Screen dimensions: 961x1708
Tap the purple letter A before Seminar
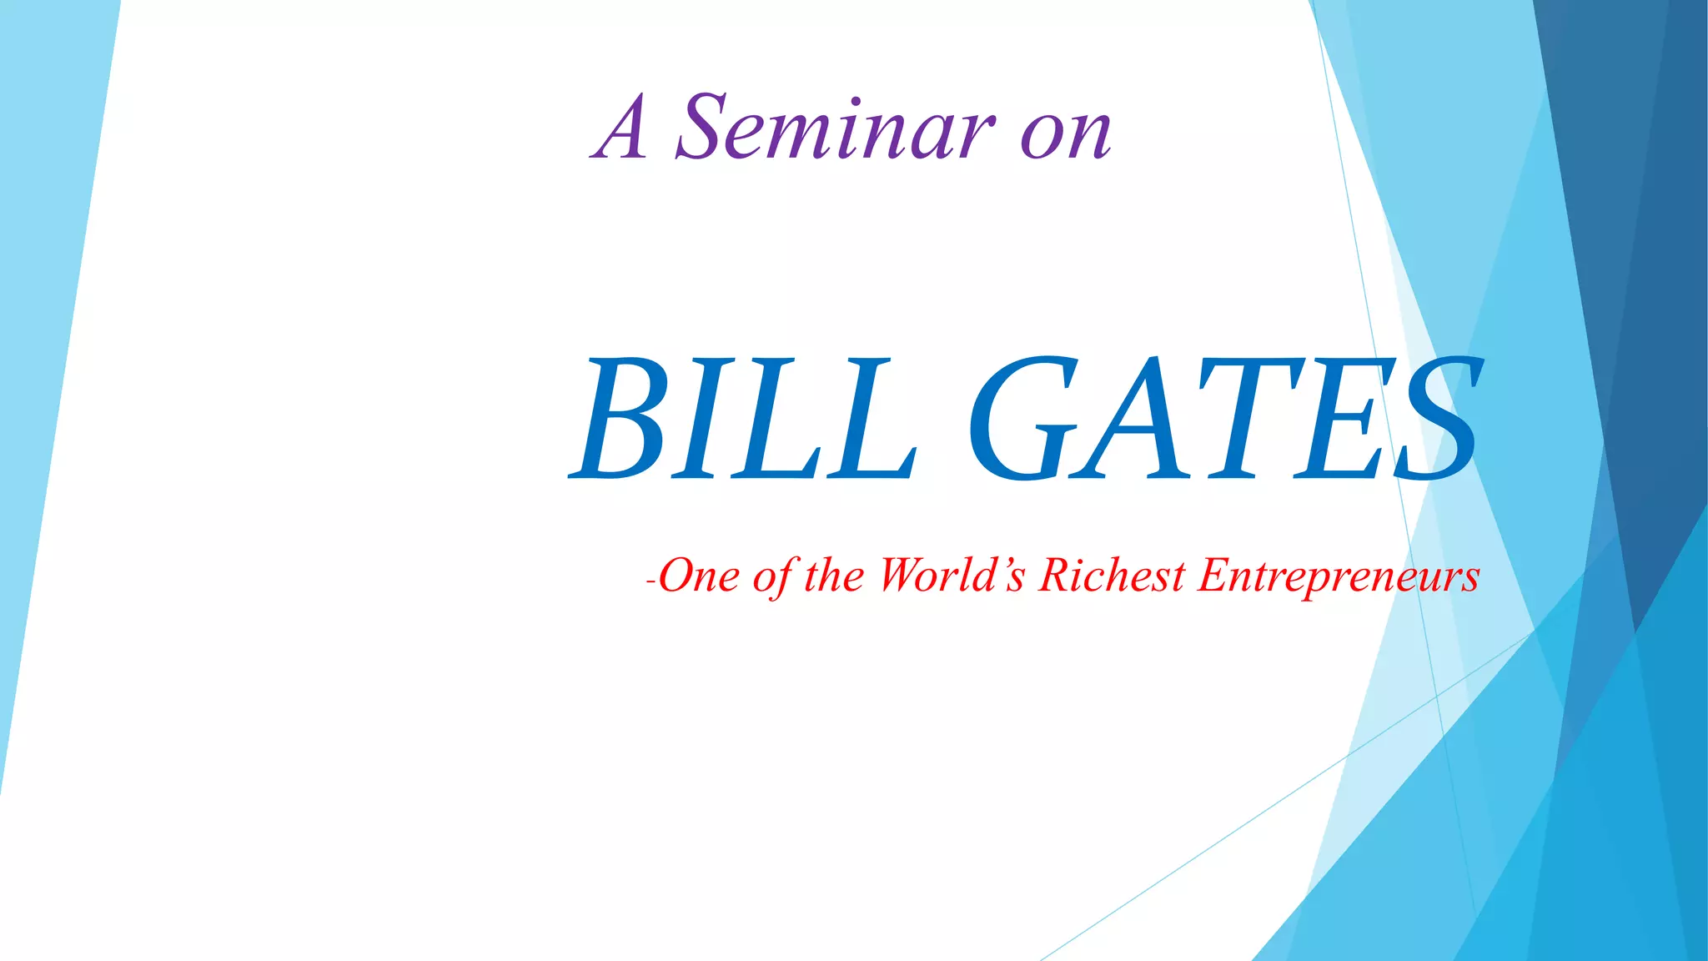click(621, 129)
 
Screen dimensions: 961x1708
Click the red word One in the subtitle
click(699, 576)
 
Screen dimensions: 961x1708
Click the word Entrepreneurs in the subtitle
click(1339, 576)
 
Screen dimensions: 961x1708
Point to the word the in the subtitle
click(833, 576)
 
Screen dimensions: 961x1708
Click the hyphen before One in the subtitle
click(651, 581)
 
